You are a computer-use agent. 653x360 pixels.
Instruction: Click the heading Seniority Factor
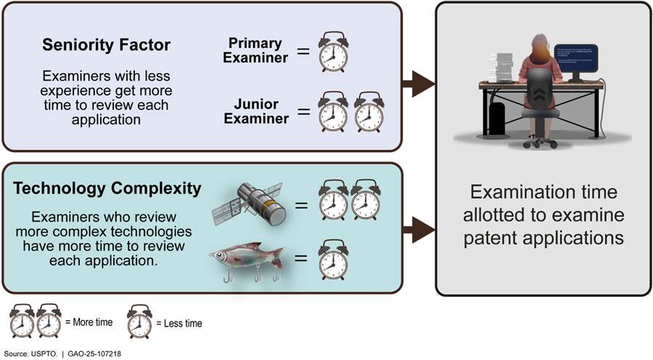106,46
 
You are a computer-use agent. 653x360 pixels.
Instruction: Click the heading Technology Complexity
107,189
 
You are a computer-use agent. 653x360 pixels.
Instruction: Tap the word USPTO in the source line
42,352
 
